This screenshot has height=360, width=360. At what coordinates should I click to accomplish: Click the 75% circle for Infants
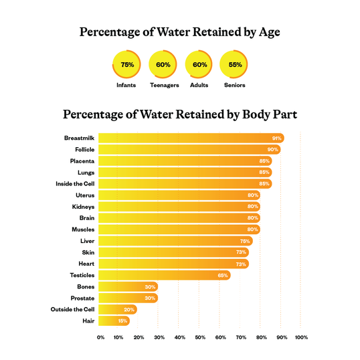(x=127, y=64)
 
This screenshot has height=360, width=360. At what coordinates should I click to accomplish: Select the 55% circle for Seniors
(x=234, y=64)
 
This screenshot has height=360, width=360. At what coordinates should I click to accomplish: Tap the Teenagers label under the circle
(x=163, y=86)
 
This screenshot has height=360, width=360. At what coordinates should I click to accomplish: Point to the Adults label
(x=199, y=86)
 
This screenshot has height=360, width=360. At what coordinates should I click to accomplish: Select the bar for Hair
(x=114, y=321)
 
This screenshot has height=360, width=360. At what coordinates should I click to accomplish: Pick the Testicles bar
(x=164, y=275)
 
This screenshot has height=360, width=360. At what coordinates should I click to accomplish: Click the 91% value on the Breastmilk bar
(x=276, y=138)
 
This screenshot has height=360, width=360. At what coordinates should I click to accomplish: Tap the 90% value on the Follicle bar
(x=272, y=149)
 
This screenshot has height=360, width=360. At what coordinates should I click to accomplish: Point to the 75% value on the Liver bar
(x=245, y=241)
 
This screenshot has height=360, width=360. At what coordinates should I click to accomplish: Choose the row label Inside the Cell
(x=74, y=183)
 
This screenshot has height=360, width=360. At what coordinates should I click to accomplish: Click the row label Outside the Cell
(x=72, y=309)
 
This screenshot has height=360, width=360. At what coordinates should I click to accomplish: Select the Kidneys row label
(x=83, y=207)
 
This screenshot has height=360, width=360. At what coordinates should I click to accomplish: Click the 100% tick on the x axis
(x=301, y=337)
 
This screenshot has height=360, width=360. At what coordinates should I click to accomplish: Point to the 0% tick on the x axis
(x=100, y=337)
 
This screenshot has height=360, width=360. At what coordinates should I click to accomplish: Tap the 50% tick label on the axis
(x=199, y=337)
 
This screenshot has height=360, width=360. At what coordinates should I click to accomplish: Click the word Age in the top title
(x=267, y=33)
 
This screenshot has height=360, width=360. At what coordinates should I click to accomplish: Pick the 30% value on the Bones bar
(x=150, y=286)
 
